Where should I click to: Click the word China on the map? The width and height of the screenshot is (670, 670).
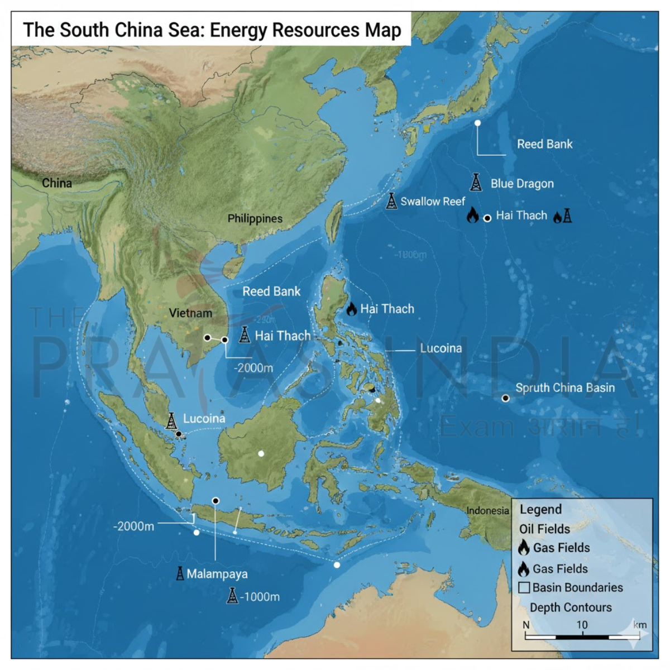tap(57, 183)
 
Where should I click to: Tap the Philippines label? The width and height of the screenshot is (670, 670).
tap(255, 218)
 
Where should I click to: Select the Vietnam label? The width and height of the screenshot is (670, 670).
tap(190, 313)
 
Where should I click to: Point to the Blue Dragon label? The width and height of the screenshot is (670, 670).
tap(522, 184)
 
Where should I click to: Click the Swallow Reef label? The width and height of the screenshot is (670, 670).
tap(433, 202)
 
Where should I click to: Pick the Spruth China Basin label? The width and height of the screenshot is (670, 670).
tap(565, 387)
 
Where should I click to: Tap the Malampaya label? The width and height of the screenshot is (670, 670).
tap(217, 574)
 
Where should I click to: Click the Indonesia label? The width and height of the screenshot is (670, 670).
tap(487, 510)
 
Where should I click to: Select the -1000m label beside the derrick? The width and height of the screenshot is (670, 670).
tap(260, 596)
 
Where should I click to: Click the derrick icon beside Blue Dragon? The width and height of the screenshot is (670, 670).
tap(476, 182)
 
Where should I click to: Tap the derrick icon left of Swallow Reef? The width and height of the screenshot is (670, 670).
tap(392, 200)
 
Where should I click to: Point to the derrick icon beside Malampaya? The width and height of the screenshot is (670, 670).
tap(180, 573)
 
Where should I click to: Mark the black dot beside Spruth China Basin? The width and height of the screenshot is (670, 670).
tap(505, 398)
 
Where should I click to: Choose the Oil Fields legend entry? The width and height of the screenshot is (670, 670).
tap(544, 529)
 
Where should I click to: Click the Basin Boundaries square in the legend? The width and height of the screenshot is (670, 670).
tap(524, 587)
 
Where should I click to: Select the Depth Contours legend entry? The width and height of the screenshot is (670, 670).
tap(571, 607)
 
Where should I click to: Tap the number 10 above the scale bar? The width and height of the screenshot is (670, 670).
tap(582, 625)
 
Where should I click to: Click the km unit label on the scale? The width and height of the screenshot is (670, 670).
tap(640, 625)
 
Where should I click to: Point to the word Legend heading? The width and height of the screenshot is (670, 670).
tap(540, 509)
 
